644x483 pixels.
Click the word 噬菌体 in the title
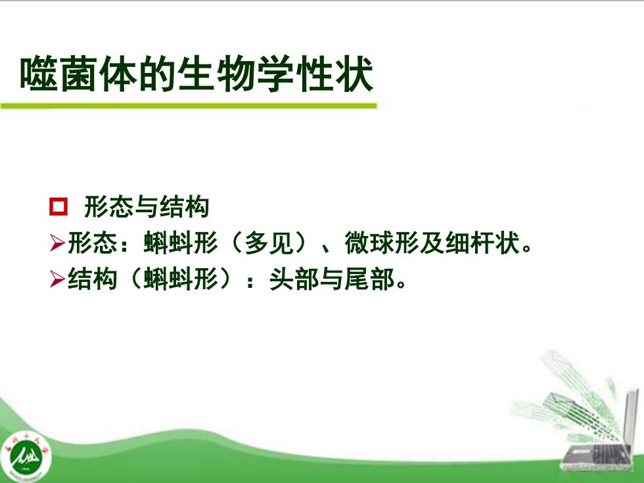78,74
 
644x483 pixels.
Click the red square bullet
58,206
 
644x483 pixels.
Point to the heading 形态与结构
147,206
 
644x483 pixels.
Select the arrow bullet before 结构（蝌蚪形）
57,279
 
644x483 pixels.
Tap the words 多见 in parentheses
269,242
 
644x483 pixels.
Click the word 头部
294,279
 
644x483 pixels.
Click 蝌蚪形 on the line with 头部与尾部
181,279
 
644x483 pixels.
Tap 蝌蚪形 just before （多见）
181,242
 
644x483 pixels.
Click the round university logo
26,455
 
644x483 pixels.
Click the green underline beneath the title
189,106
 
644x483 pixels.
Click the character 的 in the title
157,74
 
